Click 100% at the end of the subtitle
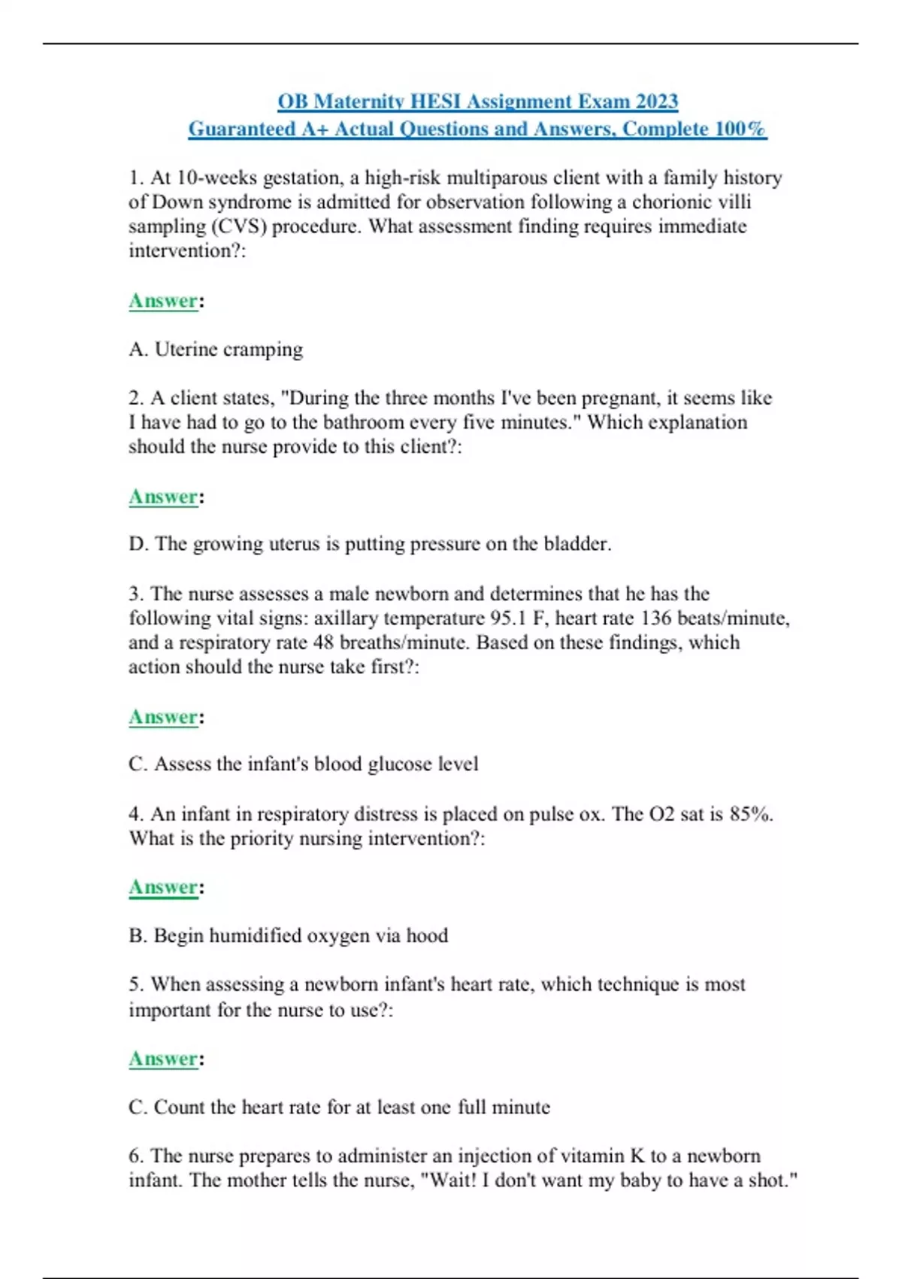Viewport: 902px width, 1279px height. point(740,129)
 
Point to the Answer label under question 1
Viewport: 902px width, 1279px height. point(163,301)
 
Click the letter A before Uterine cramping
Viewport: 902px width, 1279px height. point(137,349)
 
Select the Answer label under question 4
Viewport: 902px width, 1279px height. point(163,887)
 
